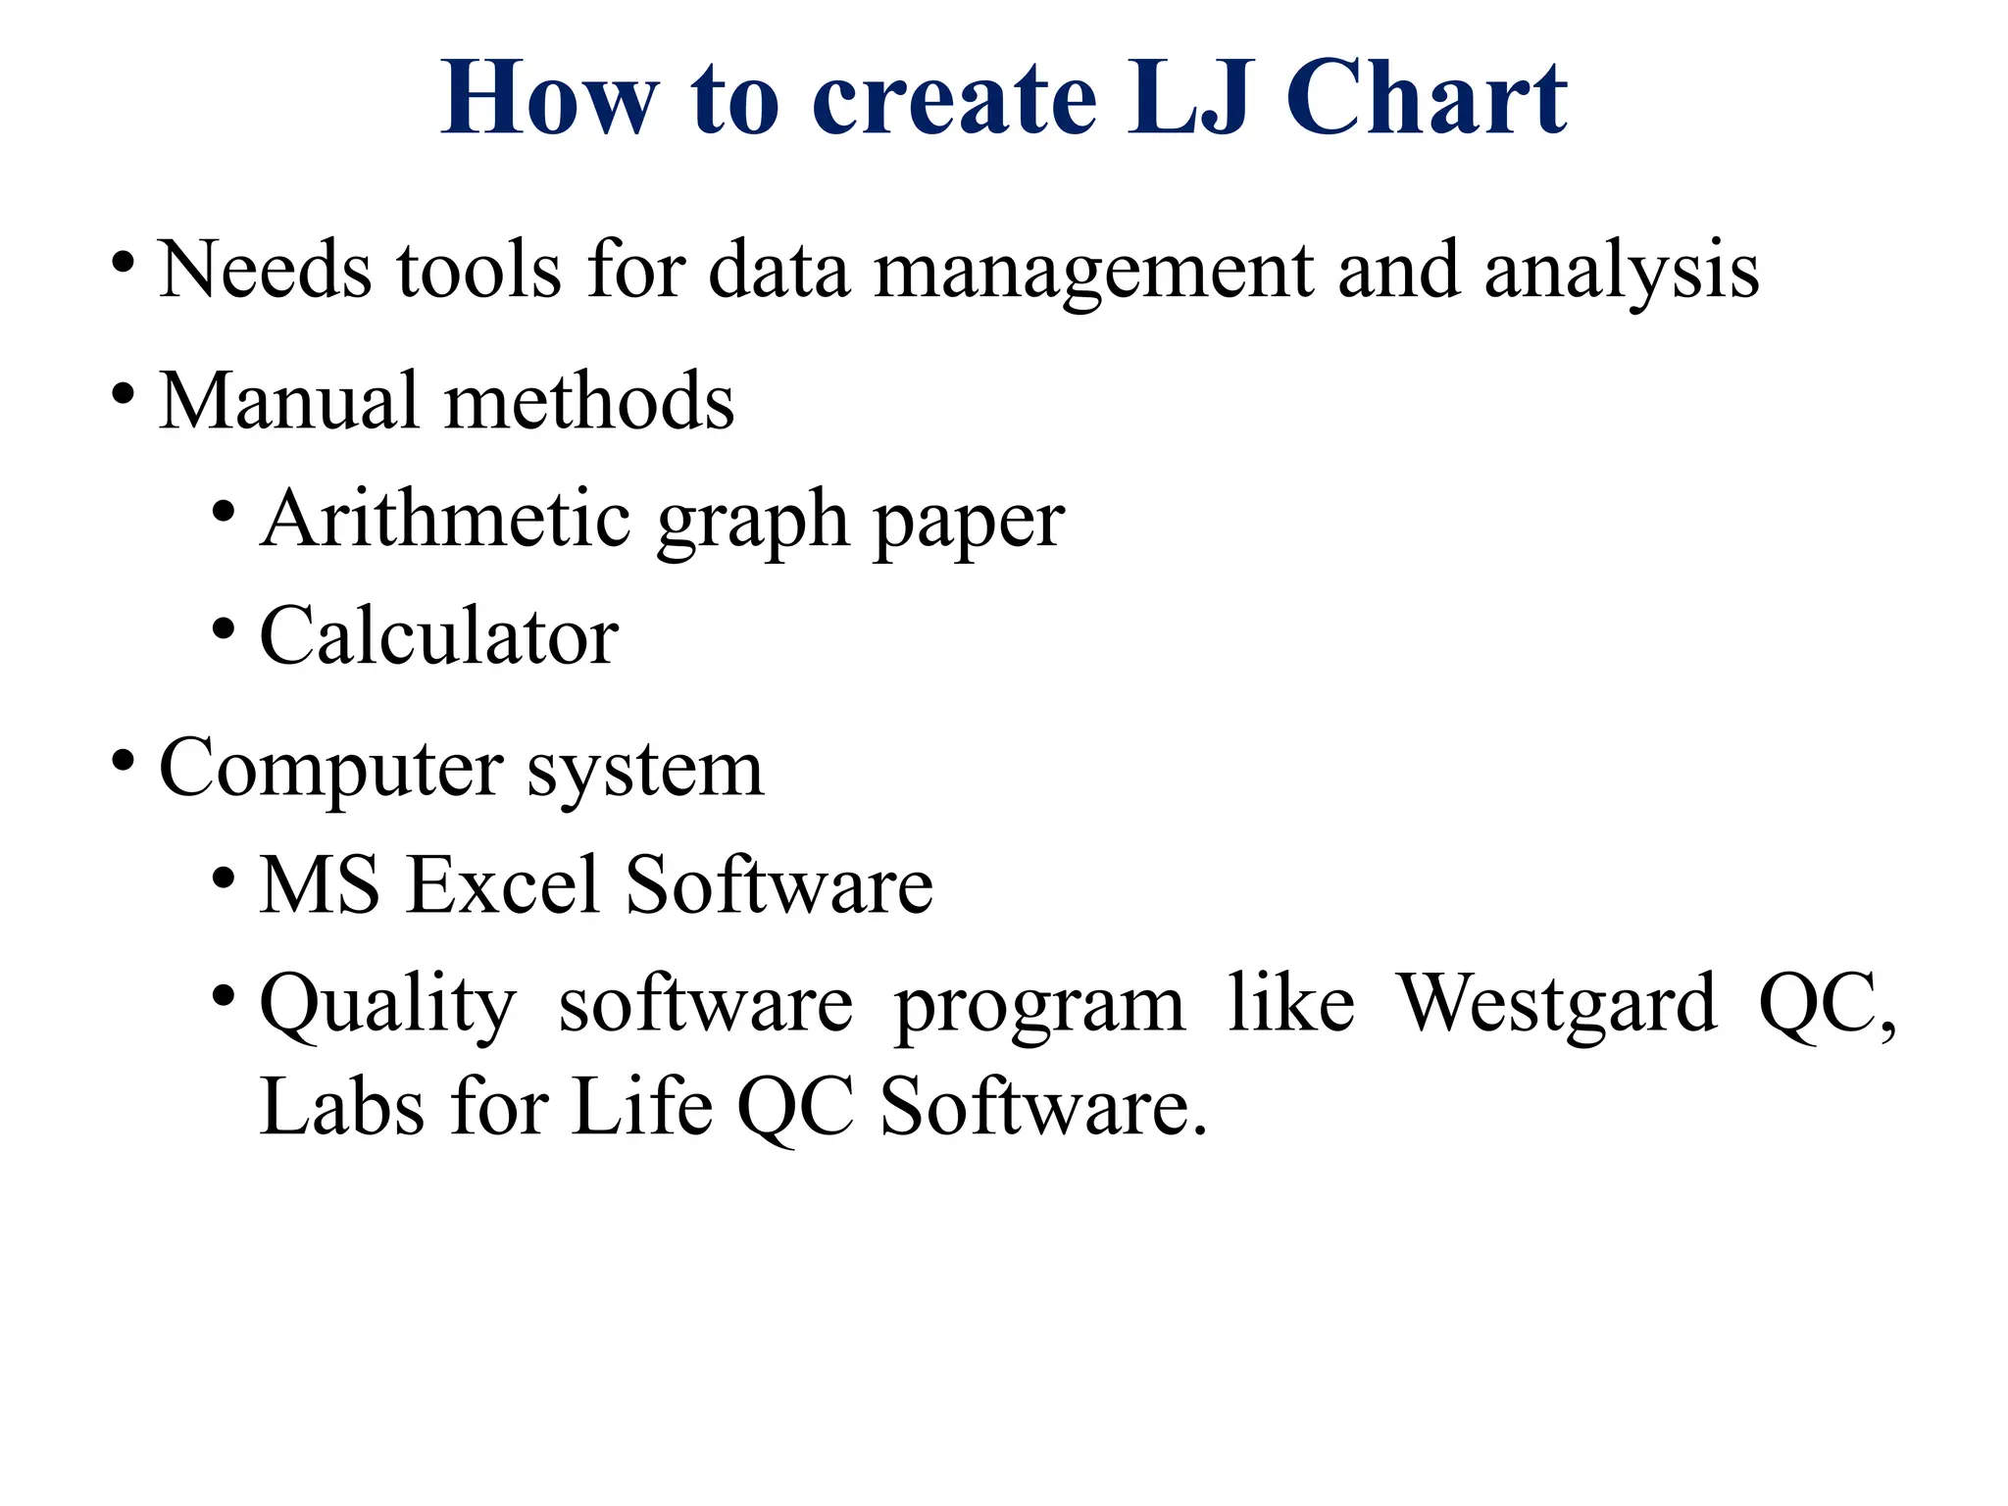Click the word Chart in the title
(x=1426, y=99)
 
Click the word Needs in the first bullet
(x=265, y=270)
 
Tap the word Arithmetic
(x=445, y=519)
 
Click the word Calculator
(x=438, y=636)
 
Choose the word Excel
(x=502, y=885)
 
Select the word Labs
(x=342, y=1107)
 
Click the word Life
(x=642, y=1107)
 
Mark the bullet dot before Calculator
(x=224, y=628)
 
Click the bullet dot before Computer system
(x=123, y=760)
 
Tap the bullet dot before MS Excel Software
(x=224, y=877)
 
